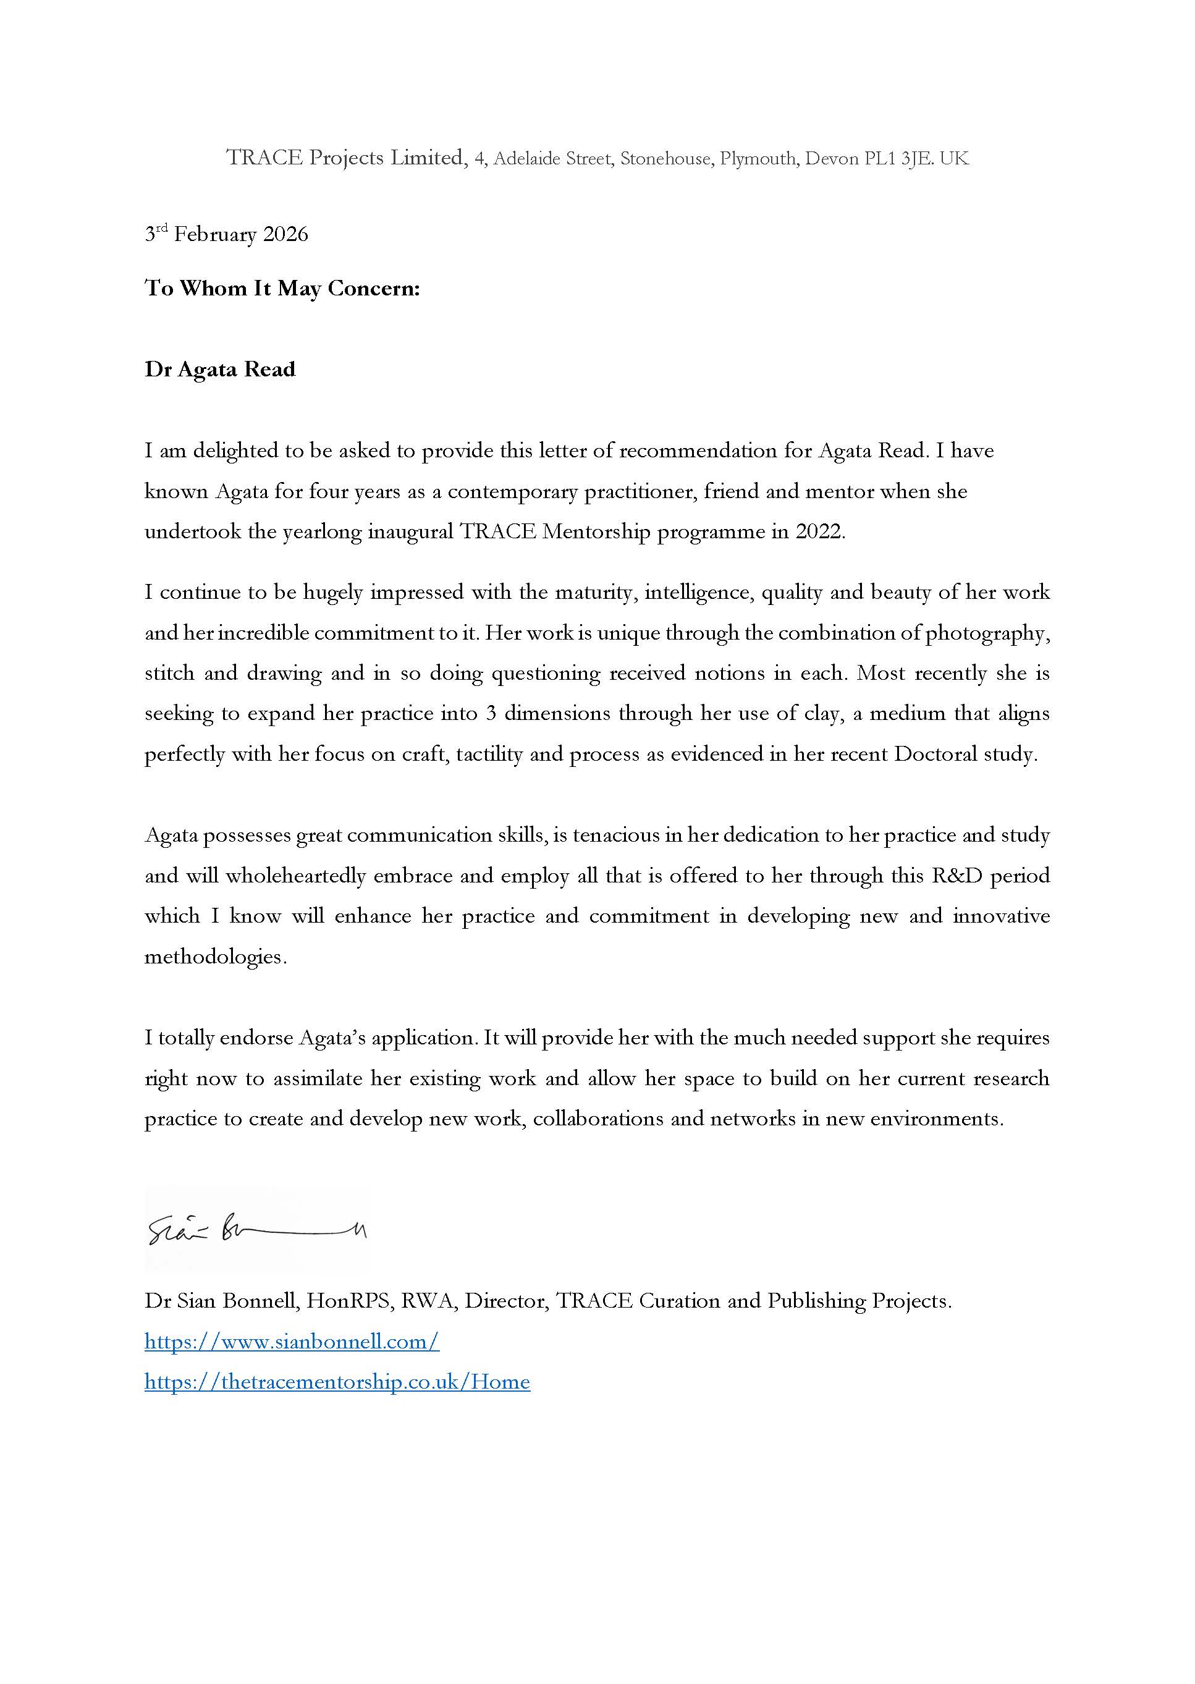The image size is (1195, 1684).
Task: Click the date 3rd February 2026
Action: pyautogui.click(x=227, y=235)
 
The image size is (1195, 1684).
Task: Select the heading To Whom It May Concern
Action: pyautogui.click(x=282, y=289)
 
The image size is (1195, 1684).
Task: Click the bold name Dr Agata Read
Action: pyautogui.click(x=220, y=370)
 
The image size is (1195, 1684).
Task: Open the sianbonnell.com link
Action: pyautogui.click(x=292, y=1342)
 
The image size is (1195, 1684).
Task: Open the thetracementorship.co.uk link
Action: pyautogui.click(x=337, y=1382)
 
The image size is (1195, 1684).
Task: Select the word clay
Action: pyautogui.click(x=821, y=714)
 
